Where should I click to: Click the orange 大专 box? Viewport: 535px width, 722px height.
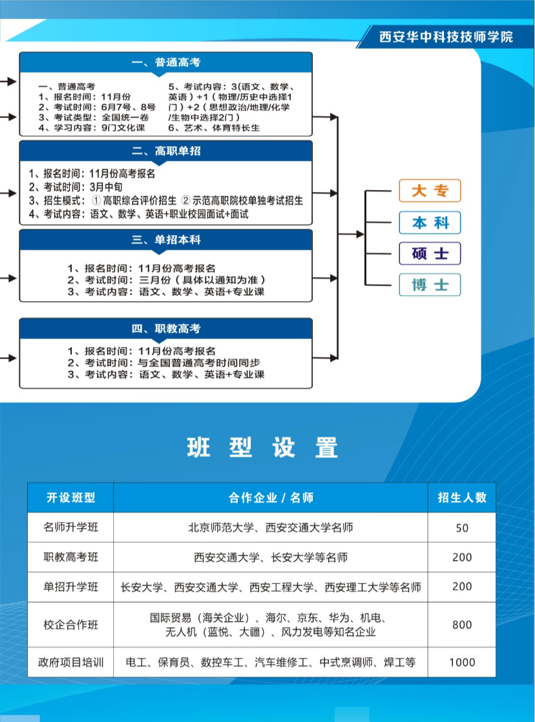point(430,191)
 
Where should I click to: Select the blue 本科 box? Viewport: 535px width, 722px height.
point(430,222)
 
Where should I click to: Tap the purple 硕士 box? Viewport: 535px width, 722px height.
point(430,253)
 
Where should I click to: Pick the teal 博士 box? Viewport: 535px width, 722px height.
point(430,284)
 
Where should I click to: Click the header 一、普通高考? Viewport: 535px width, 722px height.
point(166,62)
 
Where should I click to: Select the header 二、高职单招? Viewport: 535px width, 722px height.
point(166,151)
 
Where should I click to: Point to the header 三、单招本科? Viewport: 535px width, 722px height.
point(166,240)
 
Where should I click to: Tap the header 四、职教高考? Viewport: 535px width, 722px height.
point(166,329)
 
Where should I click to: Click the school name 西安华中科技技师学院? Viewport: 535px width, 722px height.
point(446,37)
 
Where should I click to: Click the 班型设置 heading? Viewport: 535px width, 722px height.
point(262,447)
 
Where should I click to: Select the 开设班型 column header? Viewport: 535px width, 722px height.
point(70,498)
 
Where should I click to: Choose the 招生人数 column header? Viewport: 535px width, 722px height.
point(462,498)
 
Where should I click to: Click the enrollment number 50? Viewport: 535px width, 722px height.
point(462,528)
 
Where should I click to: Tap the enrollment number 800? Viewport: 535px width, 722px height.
point(462,625)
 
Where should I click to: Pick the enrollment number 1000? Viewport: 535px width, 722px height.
point(462,663)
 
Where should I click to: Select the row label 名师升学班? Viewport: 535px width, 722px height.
point(70,527)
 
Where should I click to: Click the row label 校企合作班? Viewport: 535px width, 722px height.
point(70,625)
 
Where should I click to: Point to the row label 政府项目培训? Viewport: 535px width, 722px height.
point(70,663)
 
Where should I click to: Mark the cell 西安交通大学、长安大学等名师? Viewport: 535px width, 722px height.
point(271,557)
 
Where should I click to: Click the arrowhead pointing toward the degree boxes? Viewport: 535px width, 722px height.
point(360,235)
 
